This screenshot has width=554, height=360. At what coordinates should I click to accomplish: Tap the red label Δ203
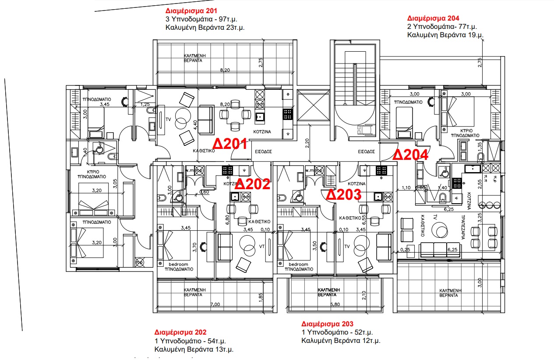point(344,194)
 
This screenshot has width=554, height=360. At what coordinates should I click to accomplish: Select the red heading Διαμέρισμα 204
point(433,18)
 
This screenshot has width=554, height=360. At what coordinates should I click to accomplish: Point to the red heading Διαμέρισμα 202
point(180,332)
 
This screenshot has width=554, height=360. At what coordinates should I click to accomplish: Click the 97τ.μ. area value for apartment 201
point(226,19)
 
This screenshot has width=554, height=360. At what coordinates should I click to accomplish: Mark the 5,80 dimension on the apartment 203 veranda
point(335,304)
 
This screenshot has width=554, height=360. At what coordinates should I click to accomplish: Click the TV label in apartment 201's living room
point(168,119)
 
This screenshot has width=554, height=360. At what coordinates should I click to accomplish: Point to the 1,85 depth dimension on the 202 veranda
point(261,297)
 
